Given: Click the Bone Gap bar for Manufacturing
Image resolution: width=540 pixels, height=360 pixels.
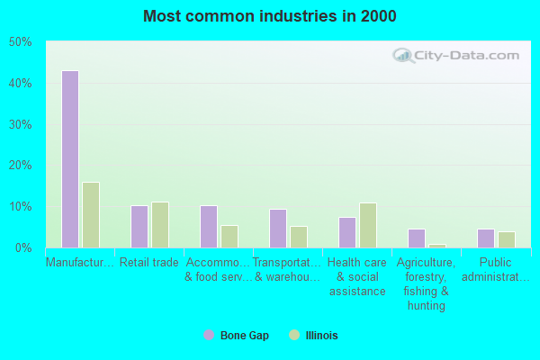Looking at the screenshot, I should [x=69, y=159].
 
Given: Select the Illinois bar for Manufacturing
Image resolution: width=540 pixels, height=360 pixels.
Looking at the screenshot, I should [x=91, y=215].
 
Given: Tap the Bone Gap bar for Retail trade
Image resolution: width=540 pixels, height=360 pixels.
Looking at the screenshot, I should [x=139, y=227].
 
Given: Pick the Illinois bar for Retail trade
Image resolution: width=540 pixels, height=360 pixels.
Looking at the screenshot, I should [x=160, y=225].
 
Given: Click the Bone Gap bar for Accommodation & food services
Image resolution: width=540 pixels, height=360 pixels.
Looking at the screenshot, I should [x=208, y=227].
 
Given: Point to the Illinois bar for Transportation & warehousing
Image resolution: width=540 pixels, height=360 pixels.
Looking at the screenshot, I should [x=299, y=237].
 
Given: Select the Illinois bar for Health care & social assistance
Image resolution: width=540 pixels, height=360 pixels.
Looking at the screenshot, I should [x=368, y=225].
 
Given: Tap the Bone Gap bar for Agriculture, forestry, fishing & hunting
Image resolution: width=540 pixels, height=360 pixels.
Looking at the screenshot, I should [x=416, y=238].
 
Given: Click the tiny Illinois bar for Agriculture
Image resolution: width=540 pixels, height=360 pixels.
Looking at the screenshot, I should [x=437, y=246].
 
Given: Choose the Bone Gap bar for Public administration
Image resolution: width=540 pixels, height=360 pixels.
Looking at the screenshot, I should [x=485, y=238].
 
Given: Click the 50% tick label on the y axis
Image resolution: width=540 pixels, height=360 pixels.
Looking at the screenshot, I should [x=21, y=42].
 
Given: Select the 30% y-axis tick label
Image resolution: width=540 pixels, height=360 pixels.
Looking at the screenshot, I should [x=21, y=124].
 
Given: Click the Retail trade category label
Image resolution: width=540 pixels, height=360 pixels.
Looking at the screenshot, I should [x=149, y=263].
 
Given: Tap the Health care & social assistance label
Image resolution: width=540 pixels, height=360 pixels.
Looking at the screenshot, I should [x=356, y=277].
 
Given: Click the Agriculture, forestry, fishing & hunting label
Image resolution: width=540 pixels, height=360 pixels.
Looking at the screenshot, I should [x=427, y=284].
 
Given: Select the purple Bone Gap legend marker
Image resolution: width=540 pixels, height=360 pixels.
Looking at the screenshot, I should [x=209, y=335].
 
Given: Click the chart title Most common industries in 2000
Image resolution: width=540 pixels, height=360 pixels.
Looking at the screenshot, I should [x=269, y=16].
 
